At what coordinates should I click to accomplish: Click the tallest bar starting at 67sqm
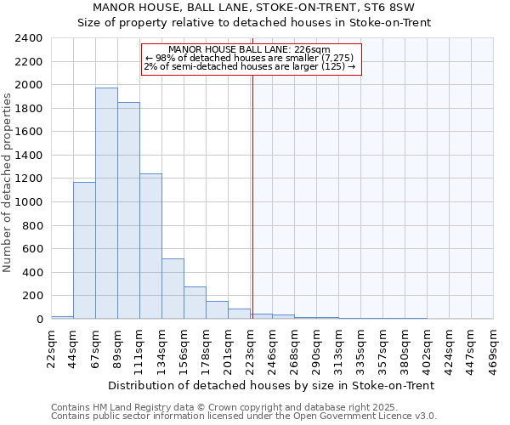(106, 203)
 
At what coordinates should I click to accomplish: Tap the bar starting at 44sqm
(84, 250)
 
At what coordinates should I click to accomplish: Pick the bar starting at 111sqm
(150, 246)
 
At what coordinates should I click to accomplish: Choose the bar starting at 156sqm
(195, 303)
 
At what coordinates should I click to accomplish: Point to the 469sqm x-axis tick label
(493, 348)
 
